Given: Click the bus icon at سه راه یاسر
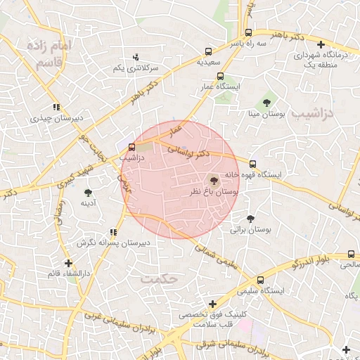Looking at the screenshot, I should [x=248, y=32].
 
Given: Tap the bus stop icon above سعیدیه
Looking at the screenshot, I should [x=207, y=51].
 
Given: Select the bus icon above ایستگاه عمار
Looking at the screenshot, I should [x=220, y=76].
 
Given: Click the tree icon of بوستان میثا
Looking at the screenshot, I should [x=267, y=103].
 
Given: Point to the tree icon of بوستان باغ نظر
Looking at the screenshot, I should [x=214, y=181].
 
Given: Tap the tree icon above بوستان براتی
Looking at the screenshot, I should [x=251, y=219].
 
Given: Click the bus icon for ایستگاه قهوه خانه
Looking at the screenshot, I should [x=252, y=164].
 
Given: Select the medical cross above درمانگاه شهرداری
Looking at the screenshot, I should [x=321, y=45].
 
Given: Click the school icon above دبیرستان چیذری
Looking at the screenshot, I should [x=56, y=108].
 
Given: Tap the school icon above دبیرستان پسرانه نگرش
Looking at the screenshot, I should [x=112, y=232].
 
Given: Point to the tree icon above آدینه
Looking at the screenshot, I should [x=88, y=192].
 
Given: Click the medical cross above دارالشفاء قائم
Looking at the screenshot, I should [x=68, y=262].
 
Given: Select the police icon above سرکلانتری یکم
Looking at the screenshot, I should [x=136, y=58].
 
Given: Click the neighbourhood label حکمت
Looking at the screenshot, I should [x=161, y=279].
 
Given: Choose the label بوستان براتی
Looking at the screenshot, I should [x=251, y=230].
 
